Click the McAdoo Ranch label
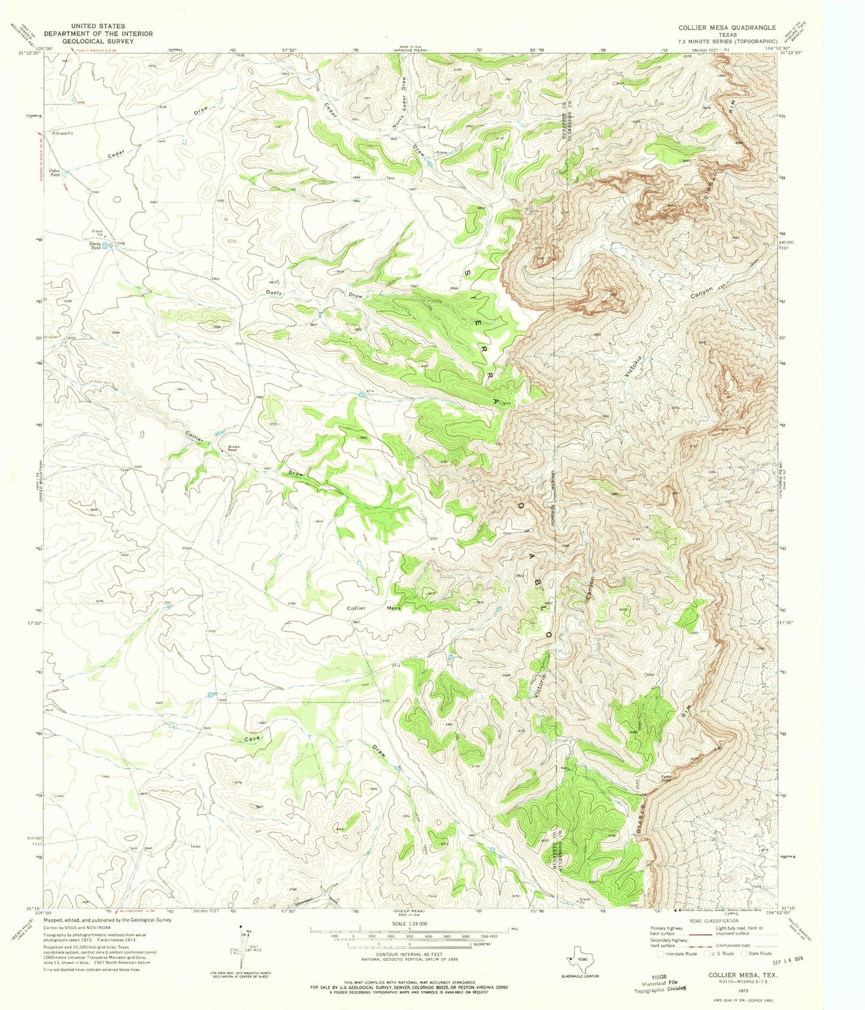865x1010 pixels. coord(233,449)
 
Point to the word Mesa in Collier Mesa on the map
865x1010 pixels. coord(394,608)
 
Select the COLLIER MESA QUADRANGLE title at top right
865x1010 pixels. coord(727,28)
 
